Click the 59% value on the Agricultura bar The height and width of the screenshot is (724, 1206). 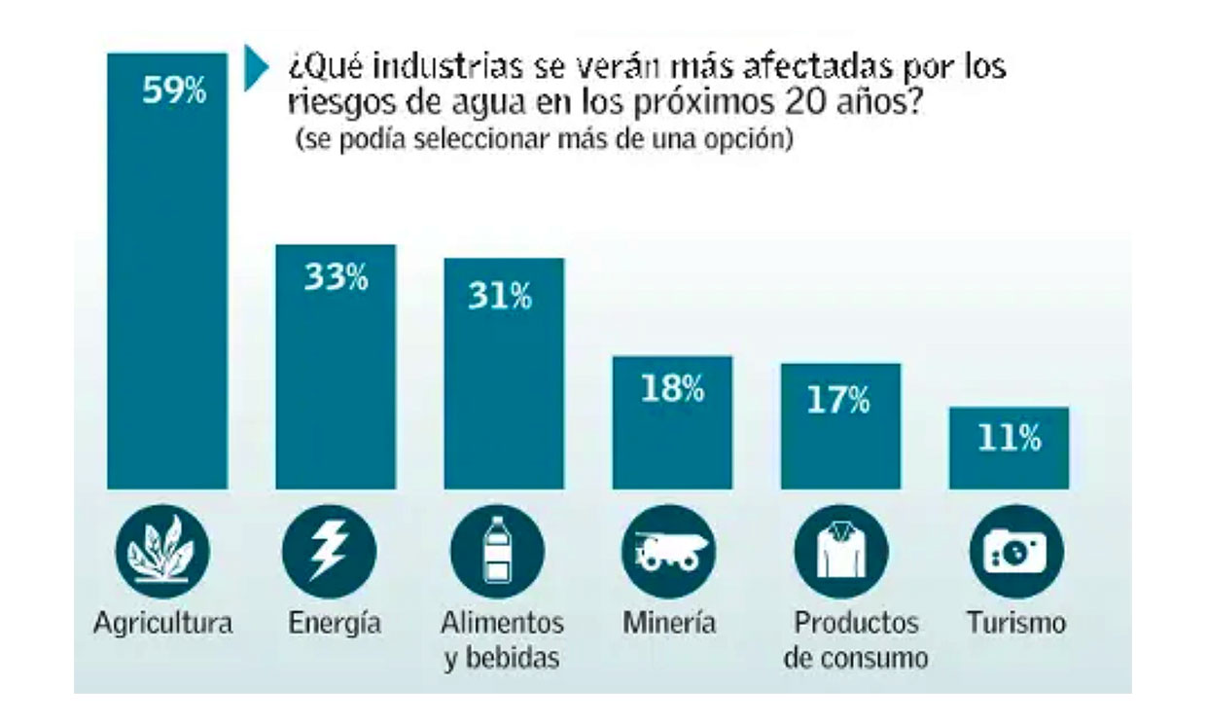pos(174,92)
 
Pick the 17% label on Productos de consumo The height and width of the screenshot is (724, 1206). pos(838,400)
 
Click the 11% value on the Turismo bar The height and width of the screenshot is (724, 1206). pos(1009,439)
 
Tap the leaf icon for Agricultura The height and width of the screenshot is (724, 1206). pos(162,552)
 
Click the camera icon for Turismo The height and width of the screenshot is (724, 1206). pos(1010,552)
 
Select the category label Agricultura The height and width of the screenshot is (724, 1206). pos(163,623)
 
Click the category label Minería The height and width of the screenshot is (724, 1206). pos(670,623)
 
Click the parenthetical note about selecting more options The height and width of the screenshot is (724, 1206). pos(545,139)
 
